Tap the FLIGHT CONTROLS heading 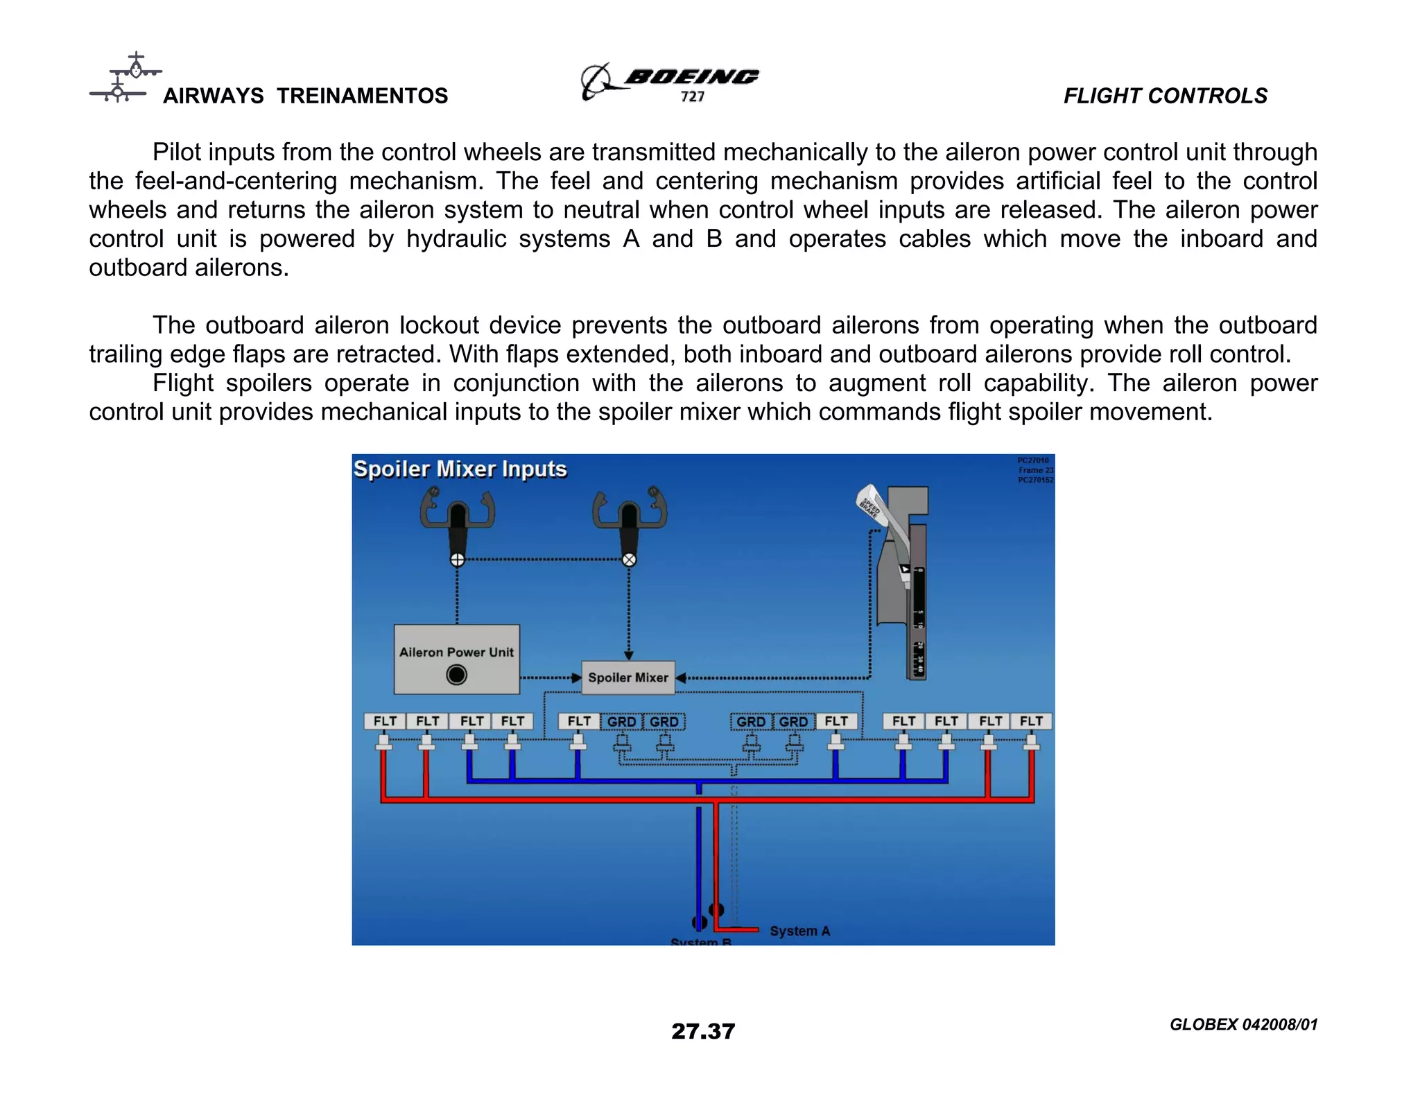pyautogui.click(x=1165, y=96)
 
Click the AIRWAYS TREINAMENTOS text pyautogui.click(x=305, y=96)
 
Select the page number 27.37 pyautogui.click(x=702, y=1031)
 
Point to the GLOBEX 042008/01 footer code pyautogui.click(x=1242, y=1024)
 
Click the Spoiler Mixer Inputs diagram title pyautogui.click(x=460, y=469)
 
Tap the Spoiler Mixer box pyautogui.click(x=627, y=677)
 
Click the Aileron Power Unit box pyautogui.click(x=456, y=659)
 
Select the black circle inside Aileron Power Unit pyautogui.click(x=456, y=675)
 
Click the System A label pyautogui.click(x=799, y=931)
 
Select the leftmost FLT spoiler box pyautogui.click(x=385, y=721)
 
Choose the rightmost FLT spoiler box pyautogui.click(x=1031, y=721)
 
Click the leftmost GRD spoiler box pyautogui.click(x=621, y=722)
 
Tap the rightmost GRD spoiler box pyautogui.click(x=793, y=722)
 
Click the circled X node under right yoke pyautogui.click(x=629, y=560)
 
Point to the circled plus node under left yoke pyautogui.click(x=457, y=560)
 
